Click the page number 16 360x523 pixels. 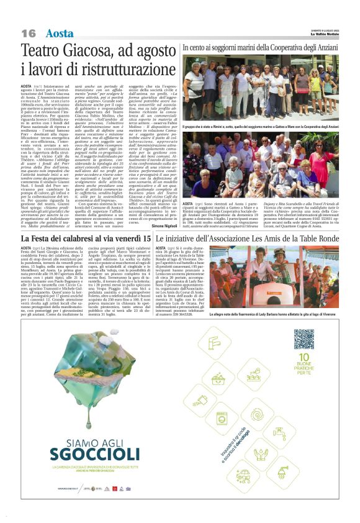point(29,33)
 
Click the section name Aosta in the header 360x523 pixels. point(60,33)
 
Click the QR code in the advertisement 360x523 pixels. point(304,339)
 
